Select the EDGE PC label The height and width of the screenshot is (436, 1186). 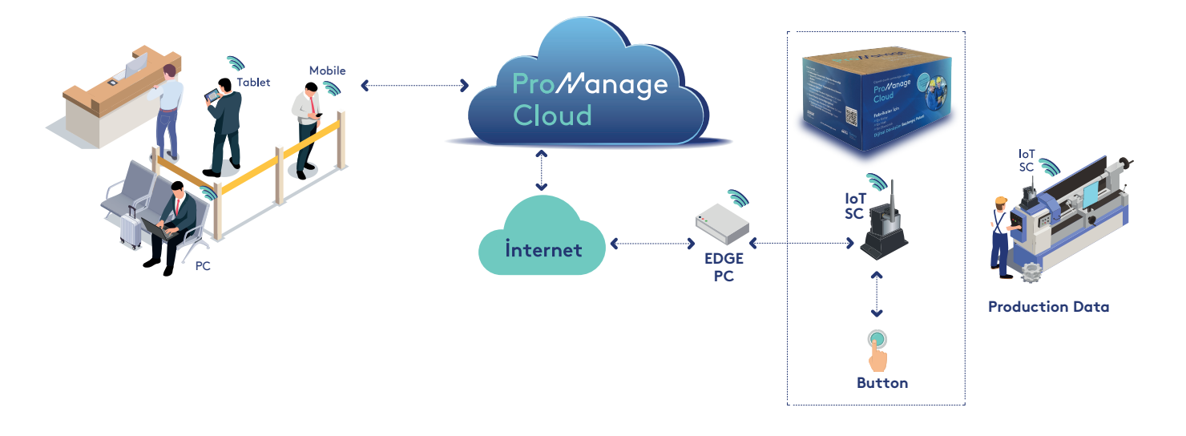pos(724,268)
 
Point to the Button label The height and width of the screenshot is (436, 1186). pos(882,383)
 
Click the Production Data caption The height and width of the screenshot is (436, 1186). pos(1048,307)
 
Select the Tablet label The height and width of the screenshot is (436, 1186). pos(253,83)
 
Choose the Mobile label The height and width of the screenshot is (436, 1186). pos(327,71)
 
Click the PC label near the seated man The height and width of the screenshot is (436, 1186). pos(203,266)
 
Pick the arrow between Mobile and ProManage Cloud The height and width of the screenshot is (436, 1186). pos(414,84)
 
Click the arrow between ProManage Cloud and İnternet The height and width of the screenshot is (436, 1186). pos(542,170)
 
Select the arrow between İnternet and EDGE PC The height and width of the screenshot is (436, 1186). pos(651,242)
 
